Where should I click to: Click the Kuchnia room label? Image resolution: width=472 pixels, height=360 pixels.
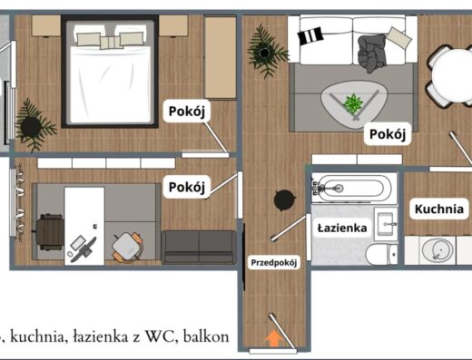439,209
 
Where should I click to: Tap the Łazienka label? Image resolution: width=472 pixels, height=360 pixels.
342,228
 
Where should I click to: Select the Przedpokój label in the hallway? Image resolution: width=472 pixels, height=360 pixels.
274,263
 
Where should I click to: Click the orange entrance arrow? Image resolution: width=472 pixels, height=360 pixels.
273,338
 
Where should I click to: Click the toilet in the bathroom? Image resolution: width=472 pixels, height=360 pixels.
381,254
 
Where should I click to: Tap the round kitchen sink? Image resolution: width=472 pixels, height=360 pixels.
438,250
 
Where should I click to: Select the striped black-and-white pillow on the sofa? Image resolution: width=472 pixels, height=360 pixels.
310,35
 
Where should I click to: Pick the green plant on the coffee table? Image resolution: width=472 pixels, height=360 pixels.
353,103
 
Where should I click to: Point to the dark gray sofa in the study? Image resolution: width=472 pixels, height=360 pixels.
199,248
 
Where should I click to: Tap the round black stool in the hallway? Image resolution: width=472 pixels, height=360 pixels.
284,200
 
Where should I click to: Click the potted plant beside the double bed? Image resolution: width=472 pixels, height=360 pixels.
33,125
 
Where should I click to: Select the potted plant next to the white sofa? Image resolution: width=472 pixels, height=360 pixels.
266,52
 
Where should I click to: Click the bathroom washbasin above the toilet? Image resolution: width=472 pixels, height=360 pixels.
386,223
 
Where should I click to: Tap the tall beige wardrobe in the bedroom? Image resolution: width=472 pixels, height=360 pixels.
221,57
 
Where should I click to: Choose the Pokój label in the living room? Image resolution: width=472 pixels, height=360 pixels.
388,134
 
